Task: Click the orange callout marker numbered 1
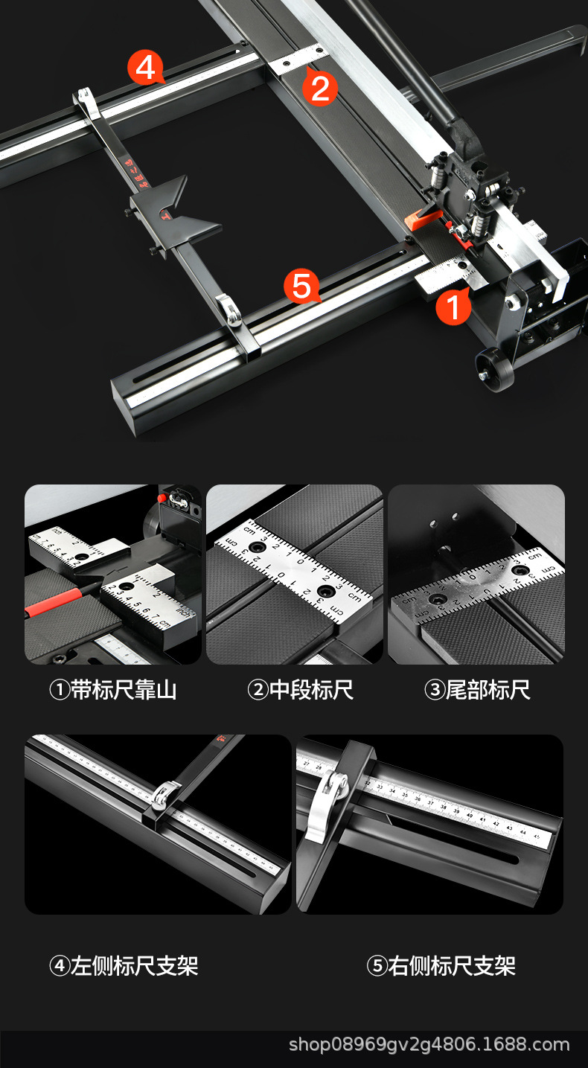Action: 453,307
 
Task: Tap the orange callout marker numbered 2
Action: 319,88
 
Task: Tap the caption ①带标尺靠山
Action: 112,690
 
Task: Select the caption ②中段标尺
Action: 300,690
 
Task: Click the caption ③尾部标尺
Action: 477,690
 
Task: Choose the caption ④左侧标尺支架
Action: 124,966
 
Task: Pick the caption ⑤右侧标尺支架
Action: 441,966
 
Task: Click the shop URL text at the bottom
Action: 429,1044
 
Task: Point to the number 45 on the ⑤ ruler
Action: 537,834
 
